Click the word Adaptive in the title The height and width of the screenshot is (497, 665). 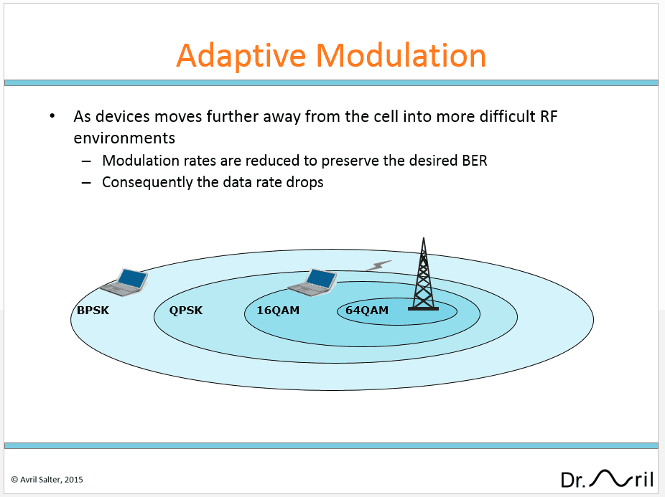(241, 57)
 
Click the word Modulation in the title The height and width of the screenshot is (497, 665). (401, 55)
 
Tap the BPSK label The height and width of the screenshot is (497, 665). (93, 310)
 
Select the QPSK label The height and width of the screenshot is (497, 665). (186, 310)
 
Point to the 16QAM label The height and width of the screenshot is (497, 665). (278, 310)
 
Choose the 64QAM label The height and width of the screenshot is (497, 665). (367, 310)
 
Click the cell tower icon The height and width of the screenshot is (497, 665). (423, 275)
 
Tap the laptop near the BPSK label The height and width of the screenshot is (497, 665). (124, 282)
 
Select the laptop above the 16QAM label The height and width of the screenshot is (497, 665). (312, 282)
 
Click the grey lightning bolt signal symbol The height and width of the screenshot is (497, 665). (378, 265)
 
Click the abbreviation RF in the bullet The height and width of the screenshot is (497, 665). (549, 116)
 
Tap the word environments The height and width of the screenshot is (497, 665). (124, 138)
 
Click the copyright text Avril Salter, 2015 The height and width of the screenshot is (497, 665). (47, 480)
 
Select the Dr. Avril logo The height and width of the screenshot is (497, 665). (607, 479)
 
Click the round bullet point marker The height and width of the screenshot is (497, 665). (52, 116)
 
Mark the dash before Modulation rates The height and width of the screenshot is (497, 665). (86, 161)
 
